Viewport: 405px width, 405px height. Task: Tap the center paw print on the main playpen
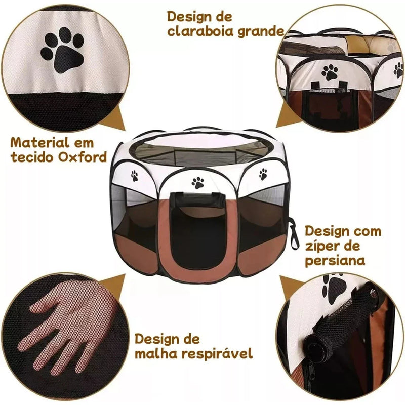(x=198, y=183)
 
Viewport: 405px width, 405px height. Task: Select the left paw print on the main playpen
(x=135, y=176)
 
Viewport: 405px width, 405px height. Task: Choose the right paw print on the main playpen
(x=263, y=175)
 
